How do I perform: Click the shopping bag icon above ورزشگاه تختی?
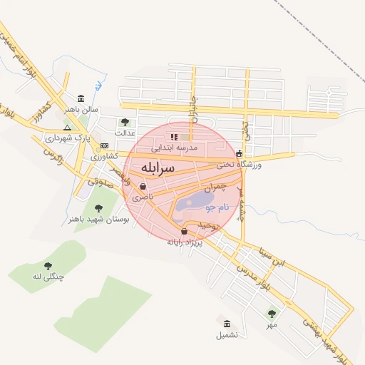pos(239,153)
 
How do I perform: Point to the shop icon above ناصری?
pos(143,187)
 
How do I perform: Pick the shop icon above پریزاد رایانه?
pos(185,231)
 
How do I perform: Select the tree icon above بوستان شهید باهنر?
pos(98,209)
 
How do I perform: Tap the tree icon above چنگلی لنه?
pos(48,265)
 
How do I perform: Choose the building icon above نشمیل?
pos(227,323)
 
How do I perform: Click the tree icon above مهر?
pos(272,314)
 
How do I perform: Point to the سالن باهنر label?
pos(81,110)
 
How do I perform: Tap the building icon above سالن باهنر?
pos(81,98)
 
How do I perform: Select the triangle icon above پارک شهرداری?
pos(67,127)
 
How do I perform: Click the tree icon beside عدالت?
pos(125,122)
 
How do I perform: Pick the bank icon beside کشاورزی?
pos(104,145)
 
